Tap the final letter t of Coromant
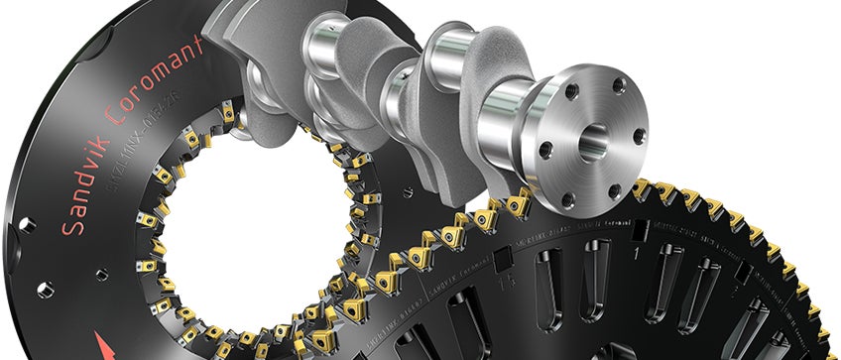(x=202, y=44)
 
